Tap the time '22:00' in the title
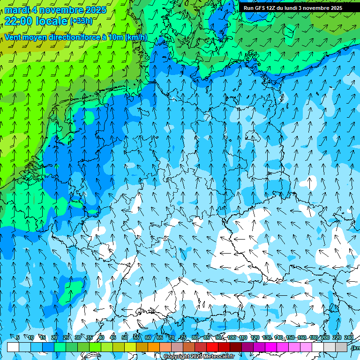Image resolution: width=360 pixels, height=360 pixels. (x=18, y=21)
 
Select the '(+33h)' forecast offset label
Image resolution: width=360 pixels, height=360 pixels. (x=81, y=21)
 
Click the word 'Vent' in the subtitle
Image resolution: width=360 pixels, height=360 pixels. (x=14, y=37)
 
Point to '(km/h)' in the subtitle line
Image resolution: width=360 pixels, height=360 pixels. (x=136, y=37)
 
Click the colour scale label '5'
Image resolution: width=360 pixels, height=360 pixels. (x=18, y=338)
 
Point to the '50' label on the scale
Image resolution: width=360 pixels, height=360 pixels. (x=125, y=338)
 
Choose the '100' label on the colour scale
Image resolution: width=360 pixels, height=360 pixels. (x=231, y=338)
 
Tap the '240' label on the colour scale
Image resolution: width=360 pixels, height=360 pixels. (x=349, y=338)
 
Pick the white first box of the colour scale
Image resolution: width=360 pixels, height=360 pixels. (x=13, y=347)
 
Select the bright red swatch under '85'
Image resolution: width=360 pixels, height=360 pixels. (x=212, y=347)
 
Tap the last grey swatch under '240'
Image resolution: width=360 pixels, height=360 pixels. (x=341, y=347)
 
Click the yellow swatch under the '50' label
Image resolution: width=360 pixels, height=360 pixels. (x=130, y=347)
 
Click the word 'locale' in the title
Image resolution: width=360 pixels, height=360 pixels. (x=51, y=21)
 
